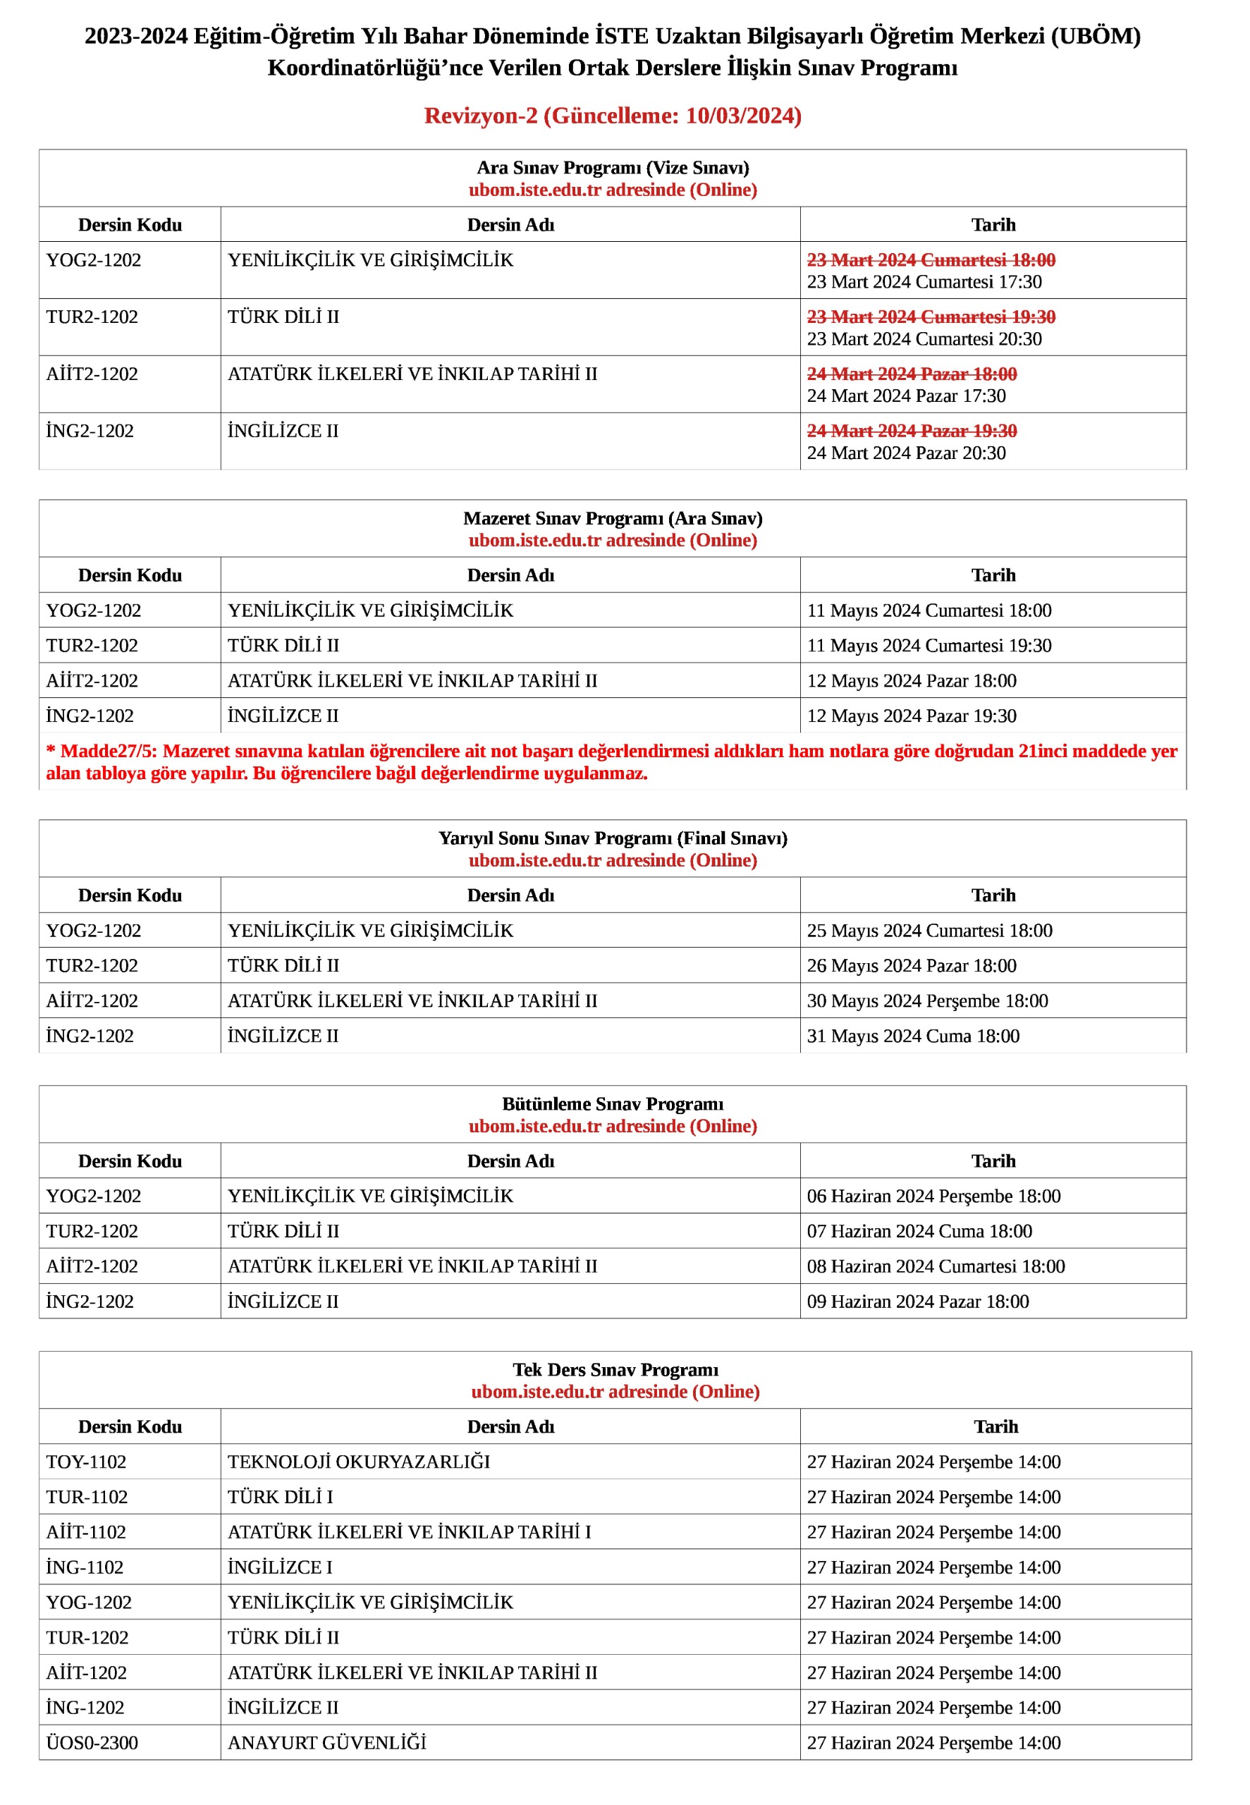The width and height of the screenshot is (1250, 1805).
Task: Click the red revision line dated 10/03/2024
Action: point(613,116)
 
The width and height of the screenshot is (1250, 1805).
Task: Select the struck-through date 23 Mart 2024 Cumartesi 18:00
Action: point(931,260)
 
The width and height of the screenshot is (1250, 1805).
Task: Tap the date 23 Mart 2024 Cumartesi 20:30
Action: point(924,339)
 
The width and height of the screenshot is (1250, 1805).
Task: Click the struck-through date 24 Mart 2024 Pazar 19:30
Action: point(912,431)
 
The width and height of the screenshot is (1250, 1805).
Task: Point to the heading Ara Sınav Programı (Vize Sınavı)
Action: point(613,168)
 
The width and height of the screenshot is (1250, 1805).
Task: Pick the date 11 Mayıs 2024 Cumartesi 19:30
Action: point(929,645)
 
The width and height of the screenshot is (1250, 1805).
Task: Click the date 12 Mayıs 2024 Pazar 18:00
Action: point(912,680)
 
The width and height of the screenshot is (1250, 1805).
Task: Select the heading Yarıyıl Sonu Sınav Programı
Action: point(613,838)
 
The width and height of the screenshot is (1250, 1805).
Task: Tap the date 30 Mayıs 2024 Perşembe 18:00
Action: point(927,1001)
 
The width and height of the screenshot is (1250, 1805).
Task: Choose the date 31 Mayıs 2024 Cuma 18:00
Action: point(913,1036)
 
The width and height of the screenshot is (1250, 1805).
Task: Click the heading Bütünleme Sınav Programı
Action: point(613,1103)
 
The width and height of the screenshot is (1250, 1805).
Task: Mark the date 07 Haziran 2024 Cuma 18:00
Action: point(919,1231)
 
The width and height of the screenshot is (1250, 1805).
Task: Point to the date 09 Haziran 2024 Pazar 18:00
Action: point(918,1302)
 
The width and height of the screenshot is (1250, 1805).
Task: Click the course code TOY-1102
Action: point(86,1462)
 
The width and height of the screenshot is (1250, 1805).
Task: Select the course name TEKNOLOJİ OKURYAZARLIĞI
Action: point(359,1462)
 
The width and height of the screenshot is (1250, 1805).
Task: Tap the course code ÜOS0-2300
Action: point(92,1743)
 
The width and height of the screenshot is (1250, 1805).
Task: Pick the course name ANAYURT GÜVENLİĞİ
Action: point(326,1743)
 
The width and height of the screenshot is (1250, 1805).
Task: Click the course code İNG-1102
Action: point(85,1567)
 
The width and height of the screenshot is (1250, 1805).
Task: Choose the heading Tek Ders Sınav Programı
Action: point(615,1369)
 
